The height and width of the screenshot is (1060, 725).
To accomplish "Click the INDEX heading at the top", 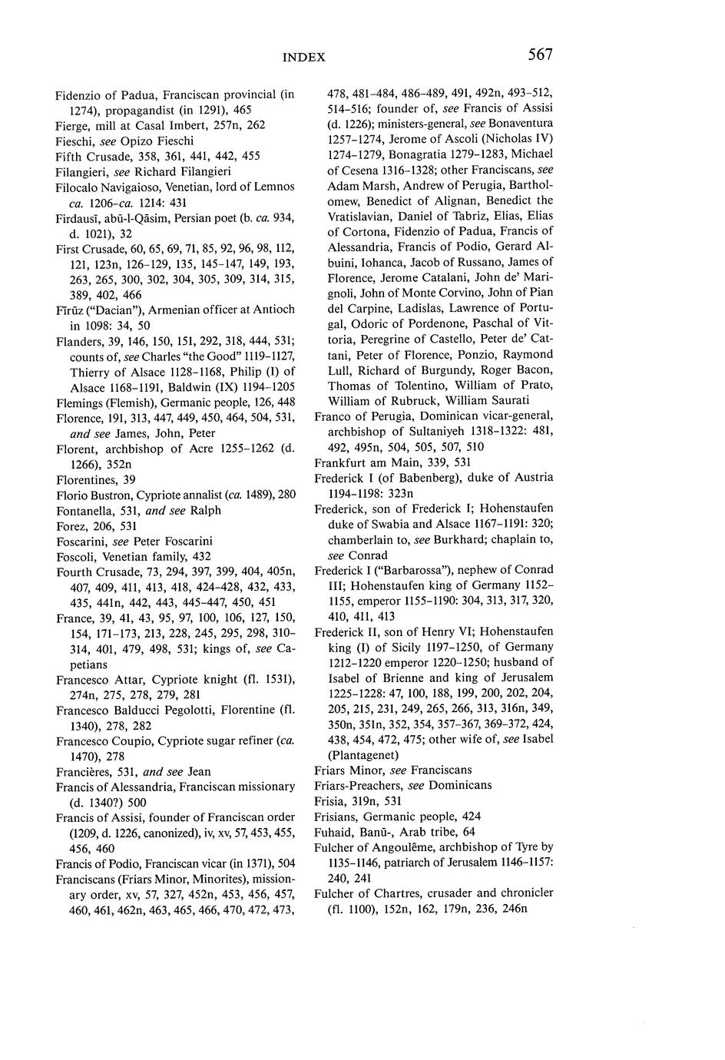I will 304,57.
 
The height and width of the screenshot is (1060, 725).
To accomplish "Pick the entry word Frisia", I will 330,800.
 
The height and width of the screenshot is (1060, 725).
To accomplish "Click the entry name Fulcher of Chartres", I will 372,893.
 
